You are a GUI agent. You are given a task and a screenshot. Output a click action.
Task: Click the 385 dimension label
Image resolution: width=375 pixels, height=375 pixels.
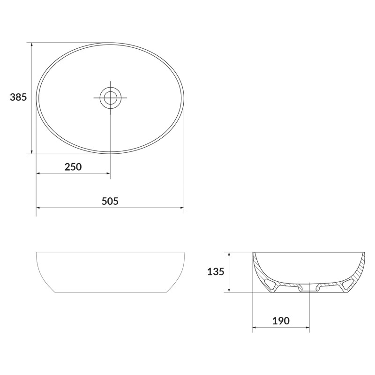tap(18, 97)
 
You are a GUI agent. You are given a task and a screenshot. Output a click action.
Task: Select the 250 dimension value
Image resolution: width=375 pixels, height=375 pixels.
tap(73, 167)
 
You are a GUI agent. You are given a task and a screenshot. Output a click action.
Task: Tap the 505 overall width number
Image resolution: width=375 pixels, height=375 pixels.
tap(110, 201)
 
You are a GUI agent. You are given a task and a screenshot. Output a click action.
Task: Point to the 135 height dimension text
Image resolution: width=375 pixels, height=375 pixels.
tap(216, 271)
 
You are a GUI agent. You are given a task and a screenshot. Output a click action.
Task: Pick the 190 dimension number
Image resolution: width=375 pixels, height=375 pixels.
tap(281, 321)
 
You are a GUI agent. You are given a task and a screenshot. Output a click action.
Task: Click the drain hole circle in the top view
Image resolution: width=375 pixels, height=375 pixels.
tap(110, 97)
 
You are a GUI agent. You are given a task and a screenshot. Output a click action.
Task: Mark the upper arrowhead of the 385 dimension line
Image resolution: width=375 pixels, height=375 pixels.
tap(31, 45)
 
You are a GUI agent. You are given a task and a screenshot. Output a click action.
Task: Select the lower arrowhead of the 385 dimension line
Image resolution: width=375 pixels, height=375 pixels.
tap(31, 150)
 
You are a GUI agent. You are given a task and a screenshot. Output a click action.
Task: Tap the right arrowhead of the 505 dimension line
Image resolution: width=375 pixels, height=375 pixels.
tap(181, 208)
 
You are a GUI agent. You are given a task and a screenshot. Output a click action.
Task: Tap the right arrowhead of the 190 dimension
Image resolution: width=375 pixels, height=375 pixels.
tap(307, 327)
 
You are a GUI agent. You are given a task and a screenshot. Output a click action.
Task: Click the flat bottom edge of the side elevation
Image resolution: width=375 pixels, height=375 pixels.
tap(110, 292)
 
